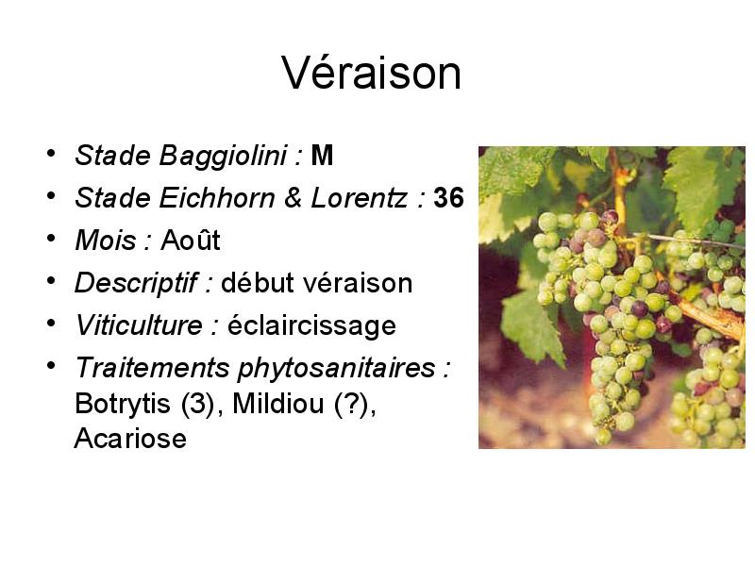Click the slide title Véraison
tap(371, 73)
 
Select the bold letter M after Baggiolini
tap(322, 156)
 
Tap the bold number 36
tap(449, 198)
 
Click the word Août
tap(191, 240)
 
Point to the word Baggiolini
tap(223, 156)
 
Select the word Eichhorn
tap(217, 198)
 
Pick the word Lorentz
tap(360, 198)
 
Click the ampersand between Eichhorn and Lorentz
tap(293, 198)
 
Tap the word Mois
tap(106, 241)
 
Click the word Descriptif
tap(136, 282)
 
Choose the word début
tap(258, 282)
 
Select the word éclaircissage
tap(311, 325)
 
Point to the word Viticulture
tap(139, 325)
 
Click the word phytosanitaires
tap(336, 368)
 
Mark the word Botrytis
tap(123, 404)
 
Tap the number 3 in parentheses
tap(197, 404)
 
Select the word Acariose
tap(130, 439)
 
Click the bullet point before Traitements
tap(51, 365)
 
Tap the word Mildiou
tap(277, 404)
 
